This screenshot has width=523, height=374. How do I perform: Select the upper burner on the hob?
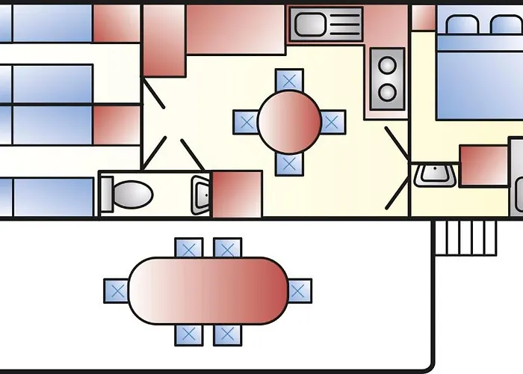tap(387, 66)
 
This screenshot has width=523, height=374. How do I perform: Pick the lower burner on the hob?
tap(387, 93)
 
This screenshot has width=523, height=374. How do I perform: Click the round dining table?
tap(289, 121)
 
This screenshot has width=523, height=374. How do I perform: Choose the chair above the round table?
tap(289, 79)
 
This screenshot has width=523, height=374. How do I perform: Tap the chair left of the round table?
tap(246, 122)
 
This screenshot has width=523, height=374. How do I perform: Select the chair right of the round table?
tap(332, 122)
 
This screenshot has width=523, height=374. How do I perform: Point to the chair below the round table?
tap(289, 164)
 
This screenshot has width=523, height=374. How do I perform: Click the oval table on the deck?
tap(208, 289)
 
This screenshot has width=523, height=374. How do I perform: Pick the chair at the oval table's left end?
tap(116, 290)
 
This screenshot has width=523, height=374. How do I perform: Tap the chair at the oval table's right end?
tap(300, 290)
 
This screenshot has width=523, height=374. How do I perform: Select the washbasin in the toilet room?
tap(200, 194)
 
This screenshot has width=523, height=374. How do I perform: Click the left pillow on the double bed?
tap(460, 25)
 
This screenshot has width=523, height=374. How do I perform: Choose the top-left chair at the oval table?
tap(188, 248)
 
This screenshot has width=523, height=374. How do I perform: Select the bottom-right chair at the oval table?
tap(227, 334)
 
